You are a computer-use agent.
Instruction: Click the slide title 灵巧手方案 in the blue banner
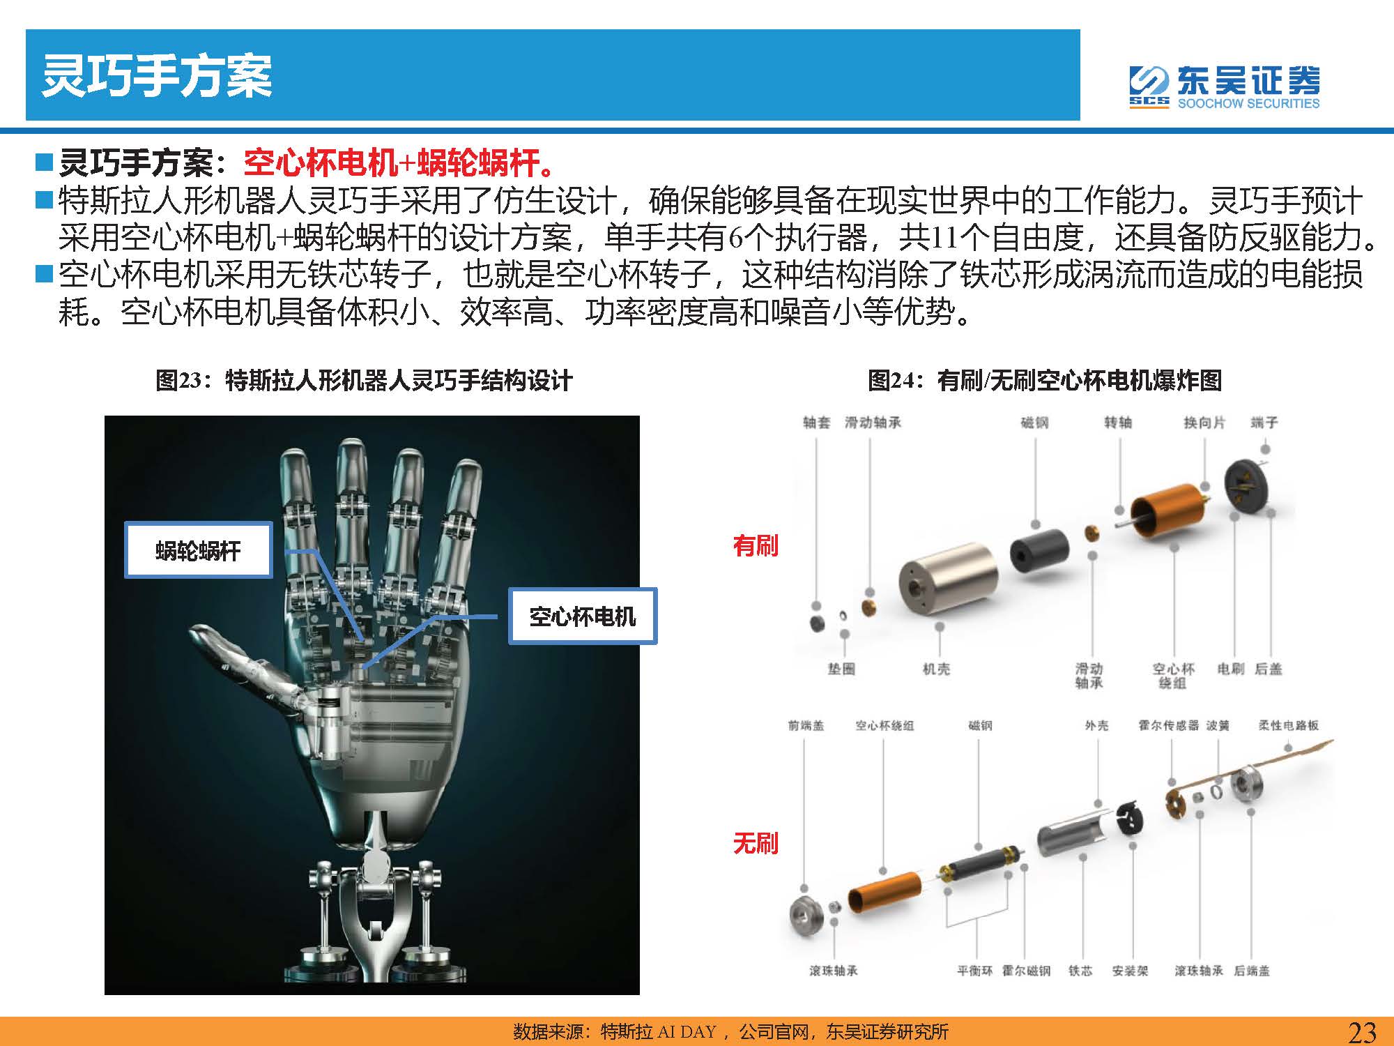tap(157, 75)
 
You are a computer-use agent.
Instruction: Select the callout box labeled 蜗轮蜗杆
tap(199, 550)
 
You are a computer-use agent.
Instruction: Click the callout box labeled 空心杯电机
tap(583, 616)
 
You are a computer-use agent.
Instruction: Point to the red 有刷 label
tap(756, 545)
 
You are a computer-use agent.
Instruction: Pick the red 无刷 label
tap(756, 843)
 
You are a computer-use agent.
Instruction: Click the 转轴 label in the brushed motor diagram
tap(1118, 423)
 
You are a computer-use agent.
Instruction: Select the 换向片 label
tap(1204, 423)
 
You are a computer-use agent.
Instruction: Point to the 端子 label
tap(1264, 423)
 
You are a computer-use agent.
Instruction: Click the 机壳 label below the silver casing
tap(936, 669)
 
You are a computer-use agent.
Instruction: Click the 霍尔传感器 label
tap(1168, 725)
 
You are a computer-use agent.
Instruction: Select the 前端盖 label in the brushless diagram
tap(806, 725)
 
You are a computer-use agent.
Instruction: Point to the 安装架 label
tap(1130, 971)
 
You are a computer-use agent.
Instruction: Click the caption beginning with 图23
tap(364, 381)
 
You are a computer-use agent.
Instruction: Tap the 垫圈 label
tap(841, 669)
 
